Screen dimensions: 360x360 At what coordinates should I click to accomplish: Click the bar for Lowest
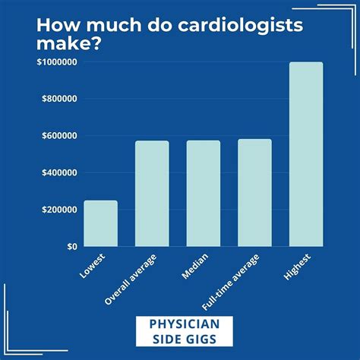click(x=100, y=223)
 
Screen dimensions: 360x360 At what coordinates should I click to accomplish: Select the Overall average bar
click(x=152, y=194)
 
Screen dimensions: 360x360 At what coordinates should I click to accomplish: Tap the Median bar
click(x=203, y=194)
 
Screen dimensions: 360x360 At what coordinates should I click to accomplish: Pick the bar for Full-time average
click(x=254, y=193)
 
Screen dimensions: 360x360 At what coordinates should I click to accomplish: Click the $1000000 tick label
click(x=55, y=63)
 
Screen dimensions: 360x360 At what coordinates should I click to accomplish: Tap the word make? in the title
click(x=70, y=46)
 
